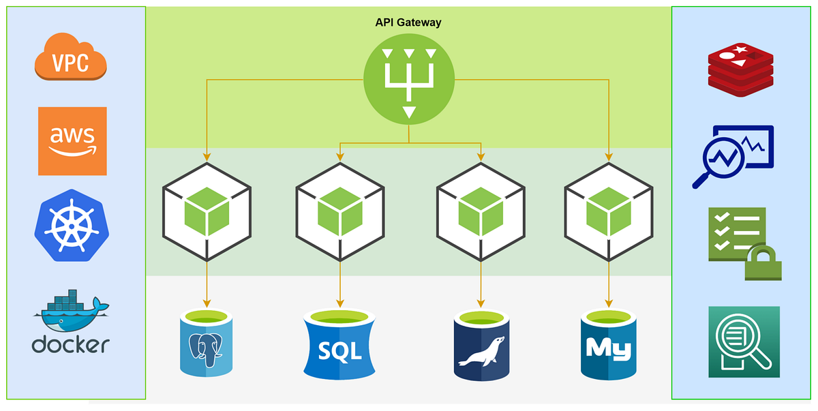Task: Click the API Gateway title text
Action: pos(408,22)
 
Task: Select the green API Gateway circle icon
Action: pos(408,79)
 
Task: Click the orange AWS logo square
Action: pos(72,141)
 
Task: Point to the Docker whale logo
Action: pos(70,311)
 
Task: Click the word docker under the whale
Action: pos(70,344)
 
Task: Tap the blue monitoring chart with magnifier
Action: pos(733,156)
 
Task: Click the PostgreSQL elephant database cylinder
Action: pos(207,344)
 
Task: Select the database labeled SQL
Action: pos(339,345)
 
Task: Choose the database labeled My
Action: pos(609,345)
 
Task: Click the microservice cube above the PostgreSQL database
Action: pos(207,211)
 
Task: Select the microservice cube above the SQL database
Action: pos(339,211)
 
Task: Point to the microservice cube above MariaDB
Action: pos(481,211)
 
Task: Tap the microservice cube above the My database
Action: pos(609,211)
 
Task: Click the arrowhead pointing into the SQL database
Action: pos(339,303)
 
